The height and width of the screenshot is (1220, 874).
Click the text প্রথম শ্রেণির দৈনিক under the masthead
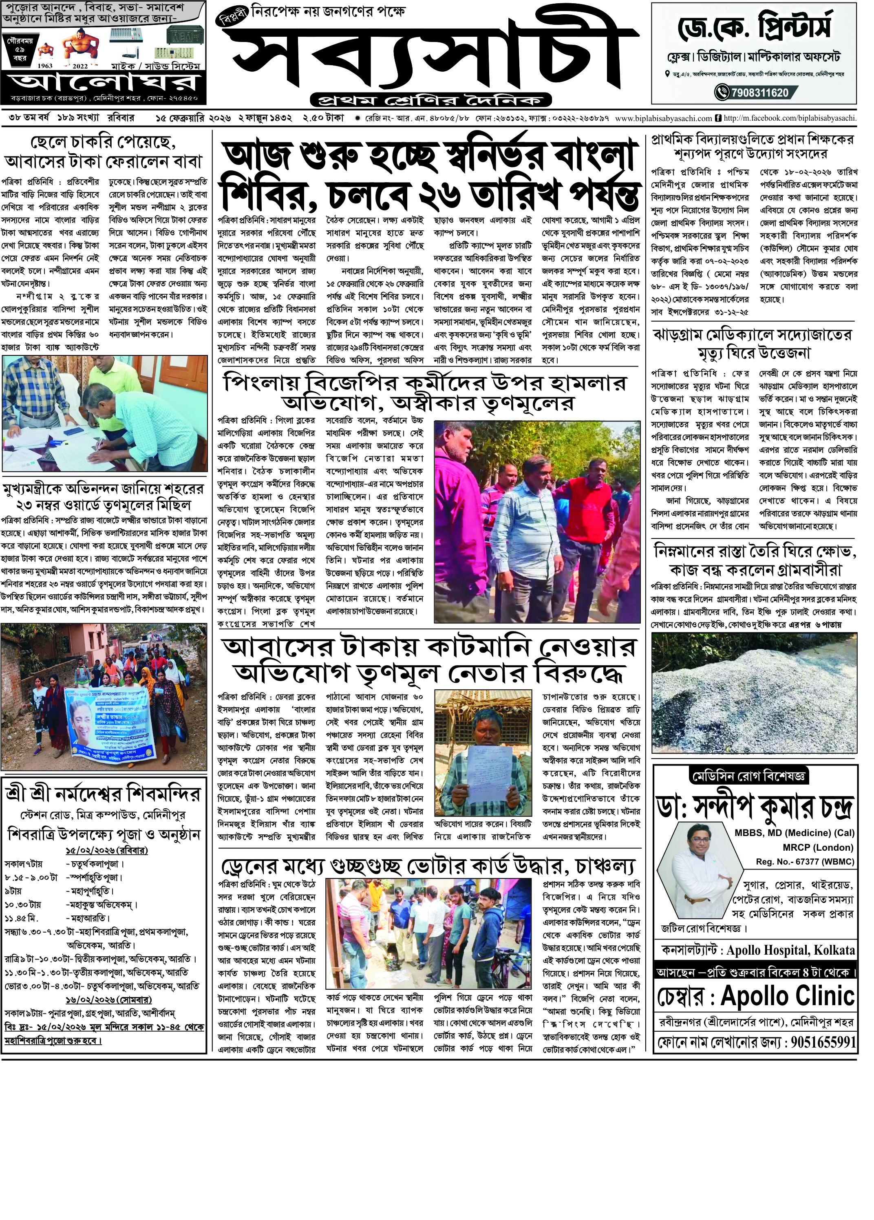tap(431, 100)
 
